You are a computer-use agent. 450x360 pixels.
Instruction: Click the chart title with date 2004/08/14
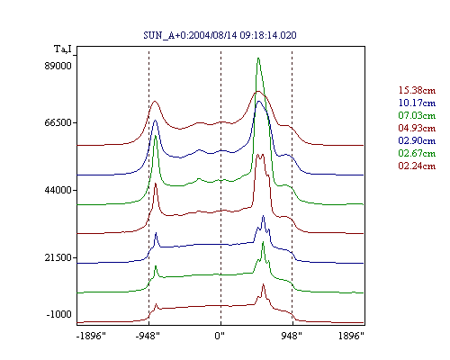point(220,35)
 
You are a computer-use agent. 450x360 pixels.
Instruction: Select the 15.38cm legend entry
point(417,90)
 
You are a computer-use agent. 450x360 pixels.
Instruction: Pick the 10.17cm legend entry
point(417,103)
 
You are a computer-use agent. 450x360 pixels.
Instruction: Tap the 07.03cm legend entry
point(417,115)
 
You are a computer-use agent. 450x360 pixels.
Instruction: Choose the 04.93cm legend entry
point(417,128)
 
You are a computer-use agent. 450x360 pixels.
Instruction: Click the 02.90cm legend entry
point(417,140)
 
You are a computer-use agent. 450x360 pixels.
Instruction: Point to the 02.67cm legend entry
point(417,153)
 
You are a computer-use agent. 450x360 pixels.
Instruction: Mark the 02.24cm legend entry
point(417,166)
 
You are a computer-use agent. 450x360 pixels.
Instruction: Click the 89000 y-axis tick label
point(58,66)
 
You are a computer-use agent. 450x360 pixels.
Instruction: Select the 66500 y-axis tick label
point(58,122)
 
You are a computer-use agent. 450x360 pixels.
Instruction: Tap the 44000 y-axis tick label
point(58,190)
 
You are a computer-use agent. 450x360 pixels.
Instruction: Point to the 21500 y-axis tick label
point(58,257)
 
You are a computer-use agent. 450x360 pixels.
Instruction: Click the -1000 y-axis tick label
point(59,314)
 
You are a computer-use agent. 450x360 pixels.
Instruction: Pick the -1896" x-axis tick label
point(91,336)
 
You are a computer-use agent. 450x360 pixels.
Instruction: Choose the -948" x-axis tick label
point(148,336)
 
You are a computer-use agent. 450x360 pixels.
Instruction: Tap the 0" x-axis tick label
point(220,336)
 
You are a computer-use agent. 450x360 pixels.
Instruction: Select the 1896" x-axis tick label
point(351,336)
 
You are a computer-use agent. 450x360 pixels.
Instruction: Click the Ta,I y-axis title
point(63,49)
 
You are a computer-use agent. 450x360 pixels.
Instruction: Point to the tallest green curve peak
point(258,58)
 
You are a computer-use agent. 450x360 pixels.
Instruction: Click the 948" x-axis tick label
point(292,336)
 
